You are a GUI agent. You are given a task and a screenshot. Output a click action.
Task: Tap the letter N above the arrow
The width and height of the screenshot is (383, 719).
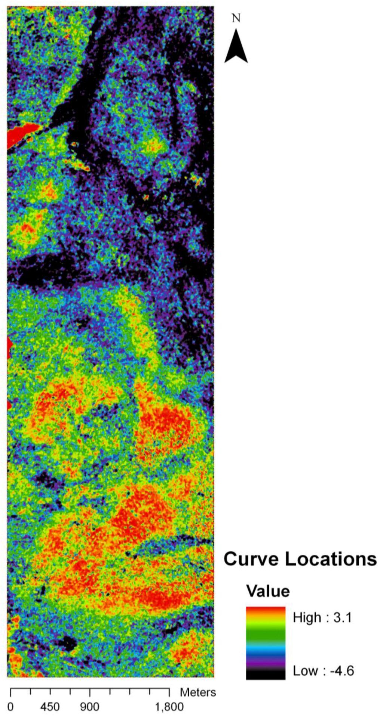(236, 18)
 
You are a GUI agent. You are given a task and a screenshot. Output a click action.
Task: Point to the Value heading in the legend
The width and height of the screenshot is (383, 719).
(268, 591)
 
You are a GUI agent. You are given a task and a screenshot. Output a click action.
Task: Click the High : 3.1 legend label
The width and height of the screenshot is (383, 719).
(322, 617)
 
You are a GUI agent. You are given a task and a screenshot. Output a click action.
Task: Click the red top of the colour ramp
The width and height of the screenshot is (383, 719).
(266, 610)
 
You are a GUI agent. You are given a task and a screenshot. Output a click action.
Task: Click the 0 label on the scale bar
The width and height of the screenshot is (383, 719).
(10, 707)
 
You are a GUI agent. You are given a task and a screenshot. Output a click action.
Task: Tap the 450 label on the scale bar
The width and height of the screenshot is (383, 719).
(50, 707)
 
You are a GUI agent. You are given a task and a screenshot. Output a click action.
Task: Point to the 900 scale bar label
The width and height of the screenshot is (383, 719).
(90, 707)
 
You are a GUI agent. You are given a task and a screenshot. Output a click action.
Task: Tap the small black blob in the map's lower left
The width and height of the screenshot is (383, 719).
(67, 643)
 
